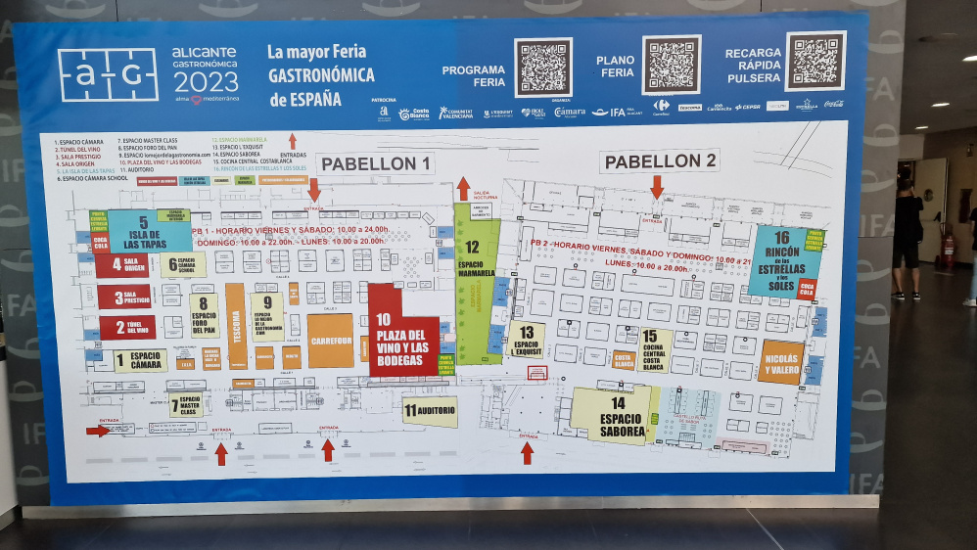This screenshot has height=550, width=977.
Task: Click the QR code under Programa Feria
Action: [x=543, y=68]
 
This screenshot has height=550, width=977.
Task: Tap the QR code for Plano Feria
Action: [x=672, y=66]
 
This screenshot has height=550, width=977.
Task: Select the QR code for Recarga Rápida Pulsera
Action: [x=814, y=62]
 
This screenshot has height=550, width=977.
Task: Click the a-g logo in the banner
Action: [x=108, y=75]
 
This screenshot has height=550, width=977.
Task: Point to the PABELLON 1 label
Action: [x=376, y=163]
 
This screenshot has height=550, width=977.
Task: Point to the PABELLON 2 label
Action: [x=659, y=160]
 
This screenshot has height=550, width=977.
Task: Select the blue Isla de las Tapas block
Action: [x=149, y=232]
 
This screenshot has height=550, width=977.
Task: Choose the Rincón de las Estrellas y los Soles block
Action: [x=783, y=260]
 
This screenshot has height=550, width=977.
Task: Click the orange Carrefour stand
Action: [x=331, y=341]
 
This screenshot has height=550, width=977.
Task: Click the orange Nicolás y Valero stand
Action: [x=780, y=362]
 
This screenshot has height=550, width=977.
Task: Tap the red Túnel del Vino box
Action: [x=126, y=328]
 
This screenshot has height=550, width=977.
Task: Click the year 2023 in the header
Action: [x=204, y=80]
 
